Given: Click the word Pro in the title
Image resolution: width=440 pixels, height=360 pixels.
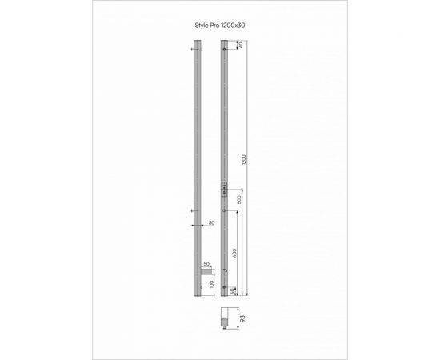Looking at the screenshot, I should pyautogui.click(x=218, y=26).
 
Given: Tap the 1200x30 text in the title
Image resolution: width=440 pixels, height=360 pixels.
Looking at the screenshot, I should pyautogui.click(x=235, y=26).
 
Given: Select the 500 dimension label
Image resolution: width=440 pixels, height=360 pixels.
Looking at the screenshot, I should pyautogui.click(x=242, y=200).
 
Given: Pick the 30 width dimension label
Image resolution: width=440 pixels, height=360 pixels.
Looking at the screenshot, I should pyautogui.click(x=211, y=224).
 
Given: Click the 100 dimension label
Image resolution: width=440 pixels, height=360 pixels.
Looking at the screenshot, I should pyautogui.click(x=211, y=285).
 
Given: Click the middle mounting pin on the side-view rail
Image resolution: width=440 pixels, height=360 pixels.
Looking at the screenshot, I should pyautogui.click(x=195, y=210).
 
